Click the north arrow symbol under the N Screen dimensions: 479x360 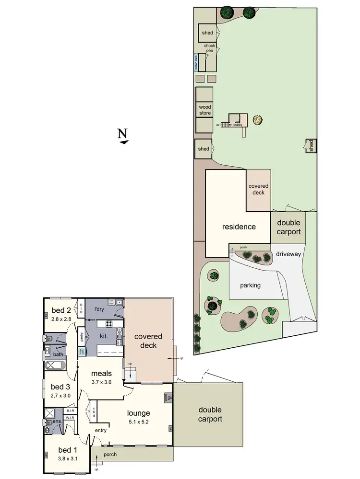124,142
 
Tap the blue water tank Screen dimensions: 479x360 196,62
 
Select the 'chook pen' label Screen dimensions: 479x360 210,48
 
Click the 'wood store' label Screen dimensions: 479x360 204,110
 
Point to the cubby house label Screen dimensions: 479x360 238,125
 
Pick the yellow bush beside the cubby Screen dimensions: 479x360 258,120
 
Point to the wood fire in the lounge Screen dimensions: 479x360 168,397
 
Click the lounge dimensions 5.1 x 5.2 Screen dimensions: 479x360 138,422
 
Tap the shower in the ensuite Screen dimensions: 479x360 49,413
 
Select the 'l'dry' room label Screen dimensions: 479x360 99,309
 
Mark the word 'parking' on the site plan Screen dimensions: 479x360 250,285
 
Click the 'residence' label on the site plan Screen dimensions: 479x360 239,227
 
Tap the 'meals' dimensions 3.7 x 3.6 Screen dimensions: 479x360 101,382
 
